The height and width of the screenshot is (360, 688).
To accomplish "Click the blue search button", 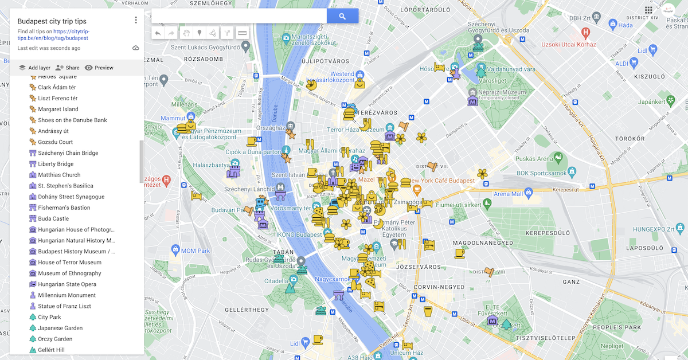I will (342, 17).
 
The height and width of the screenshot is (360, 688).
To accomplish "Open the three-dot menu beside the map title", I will (136, 20).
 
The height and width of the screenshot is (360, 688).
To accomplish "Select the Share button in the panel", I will (68, 68).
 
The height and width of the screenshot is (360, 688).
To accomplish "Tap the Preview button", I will (99, 68).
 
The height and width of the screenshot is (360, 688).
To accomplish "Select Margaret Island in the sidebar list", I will (58, 109).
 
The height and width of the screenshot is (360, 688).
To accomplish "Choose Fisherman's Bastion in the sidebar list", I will (64, 208).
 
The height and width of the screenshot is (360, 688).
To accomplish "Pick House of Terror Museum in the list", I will (69, 263).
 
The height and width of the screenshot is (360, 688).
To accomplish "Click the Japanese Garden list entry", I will (60, 328).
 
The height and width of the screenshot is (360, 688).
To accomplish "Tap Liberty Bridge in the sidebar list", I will (56, 164).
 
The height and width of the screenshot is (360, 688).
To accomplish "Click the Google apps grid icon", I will (648, 10).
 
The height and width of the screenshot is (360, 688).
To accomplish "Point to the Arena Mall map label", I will (509, 194).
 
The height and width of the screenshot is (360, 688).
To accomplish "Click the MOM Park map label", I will (196, 251).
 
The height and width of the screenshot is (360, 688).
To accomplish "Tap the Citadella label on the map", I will (276, 281).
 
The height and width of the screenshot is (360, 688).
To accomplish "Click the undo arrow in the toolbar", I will (158, 33).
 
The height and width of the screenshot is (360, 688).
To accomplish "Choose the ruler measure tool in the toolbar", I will (243, 33).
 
